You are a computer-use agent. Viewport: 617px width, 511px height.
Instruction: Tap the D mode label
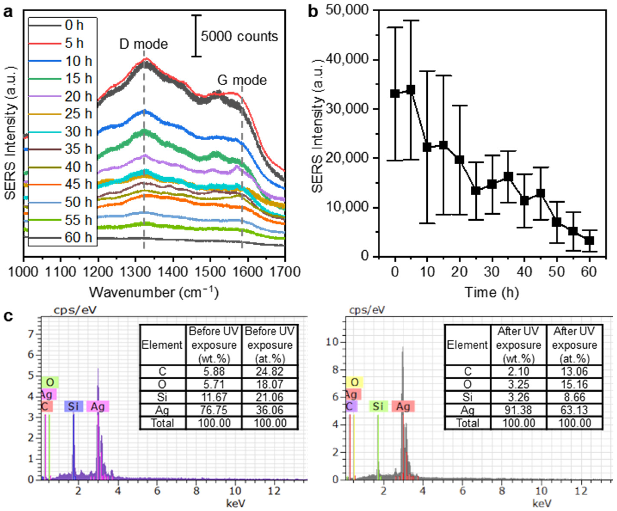pyautogui.click(x=143, y=44)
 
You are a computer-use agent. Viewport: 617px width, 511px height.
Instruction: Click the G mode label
pyautogui.click(x=242, y=80)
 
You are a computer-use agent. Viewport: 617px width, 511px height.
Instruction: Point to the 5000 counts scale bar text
pyautogui.click(x=239, y=36)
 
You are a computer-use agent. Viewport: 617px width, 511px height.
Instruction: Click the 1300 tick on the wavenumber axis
pyautogui.click(x=135, y=272)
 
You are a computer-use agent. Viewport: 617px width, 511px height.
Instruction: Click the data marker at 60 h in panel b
pyautogui.click(x=589, y=241)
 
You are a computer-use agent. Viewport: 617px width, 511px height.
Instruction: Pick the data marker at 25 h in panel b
pyautogui.click(x=476, y=191)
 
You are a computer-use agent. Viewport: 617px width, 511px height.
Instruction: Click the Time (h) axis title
pyautogui.click(x=491, y=293)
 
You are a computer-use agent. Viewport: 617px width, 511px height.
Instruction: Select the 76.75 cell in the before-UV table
pyautogui.click(x=214, y=410)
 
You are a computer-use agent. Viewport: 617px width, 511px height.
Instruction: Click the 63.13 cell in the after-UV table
pyautogui.click(x=574, y=410)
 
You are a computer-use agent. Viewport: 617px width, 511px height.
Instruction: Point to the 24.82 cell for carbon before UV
pyautogui.click(x=269, y=371)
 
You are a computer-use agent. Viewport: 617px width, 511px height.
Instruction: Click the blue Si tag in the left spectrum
pyautogui.click(x=74, y=407)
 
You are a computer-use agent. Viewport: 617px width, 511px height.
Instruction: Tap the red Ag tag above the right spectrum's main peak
pyautogui.click(x=403, y=407)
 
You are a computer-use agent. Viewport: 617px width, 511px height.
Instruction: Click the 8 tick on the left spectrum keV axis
pyautogui.click(x=196, y=491)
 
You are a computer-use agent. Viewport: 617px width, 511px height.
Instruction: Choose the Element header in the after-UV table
pyautogui.click(x=467, y=345)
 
